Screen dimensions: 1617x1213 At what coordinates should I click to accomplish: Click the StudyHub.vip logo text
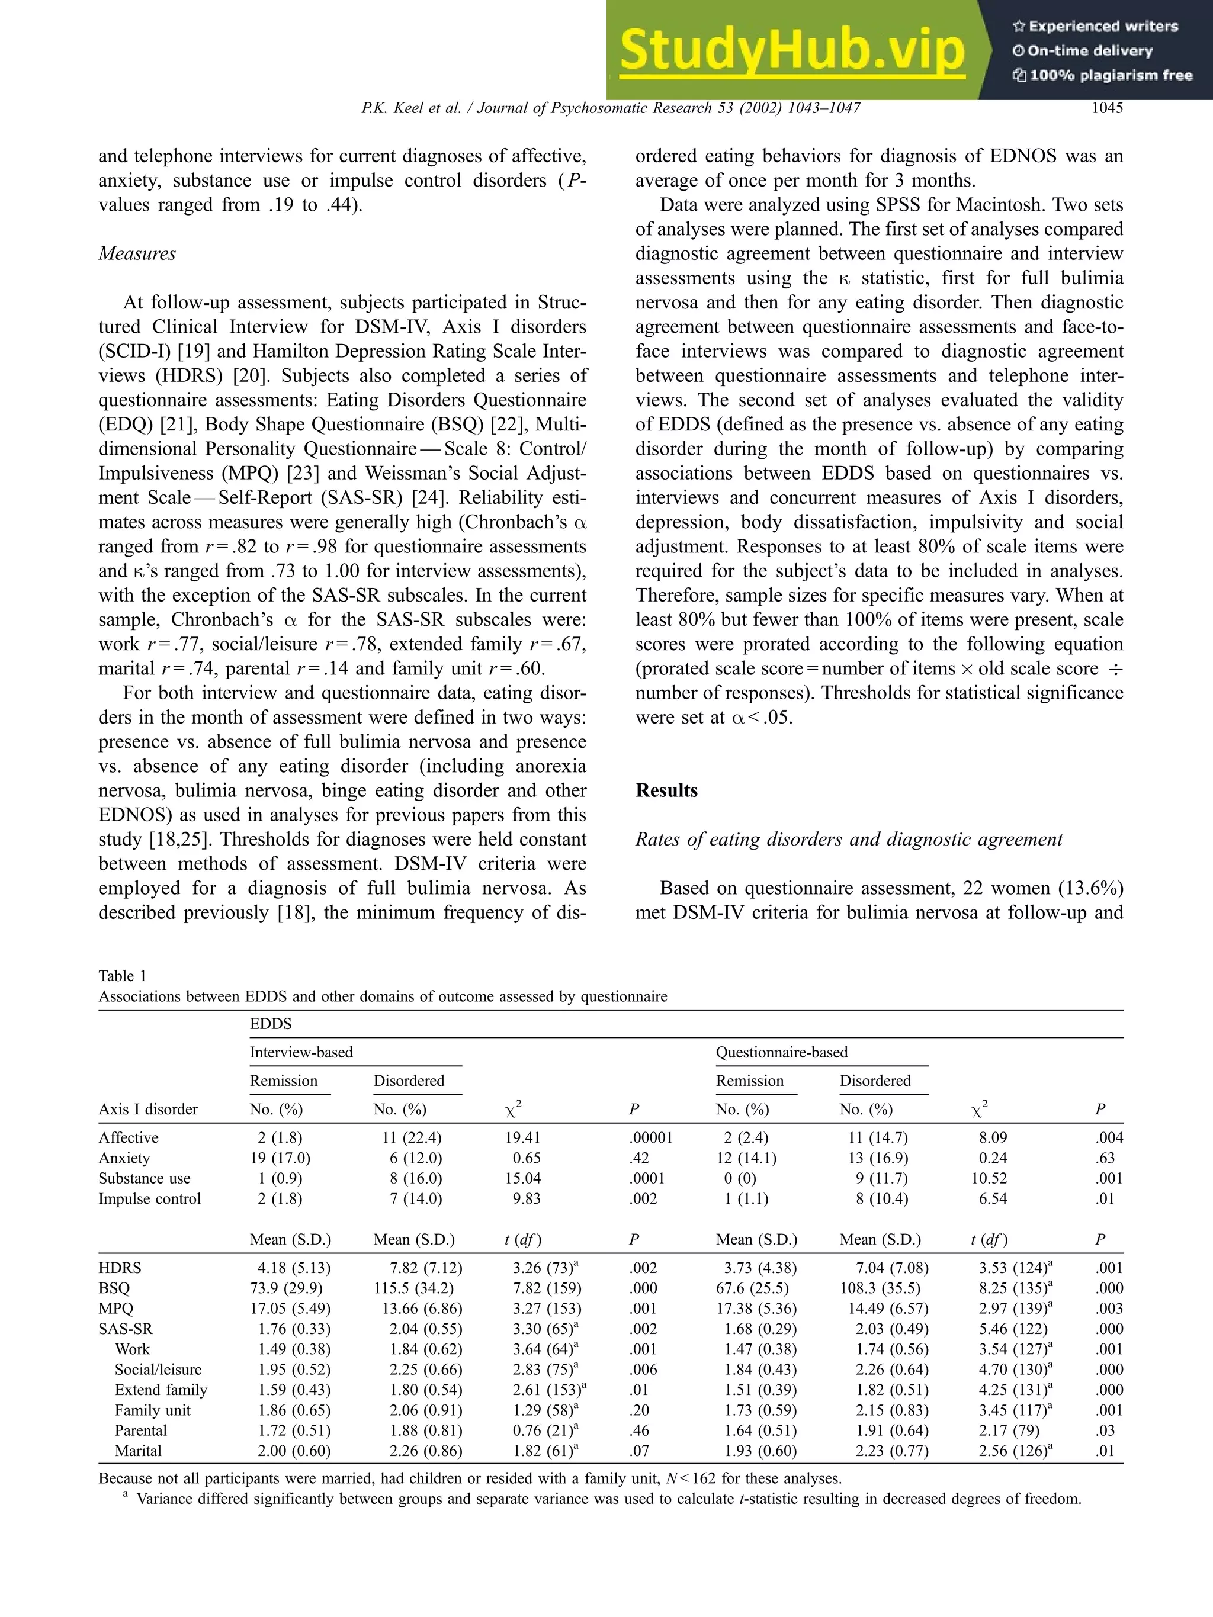792,51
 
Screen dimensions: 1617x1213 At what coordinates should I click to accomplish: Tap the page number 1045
1106,108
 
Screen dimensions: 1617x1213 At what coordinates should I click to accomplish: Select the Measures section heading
137,253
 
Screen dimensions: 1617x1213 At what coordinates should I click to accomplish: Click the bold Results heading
666,790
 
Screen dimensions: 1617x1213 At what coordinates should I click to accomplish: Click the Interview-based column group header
301,1052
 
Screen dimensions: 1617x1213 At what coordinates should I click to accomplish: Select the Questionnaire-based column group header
782,1052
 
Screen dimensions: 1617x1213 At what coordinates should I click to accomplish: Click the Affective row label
129,1137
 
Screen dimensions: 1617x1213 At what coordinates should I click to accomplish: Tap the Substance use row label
144,1178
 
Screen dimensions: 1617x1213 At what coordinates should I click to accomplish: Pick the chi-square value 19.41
518,1137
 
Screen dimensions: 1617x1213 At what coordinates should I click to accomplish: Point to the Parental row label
140,1430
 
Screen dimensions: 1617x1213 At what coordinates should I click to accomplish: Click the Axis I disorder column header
147,1109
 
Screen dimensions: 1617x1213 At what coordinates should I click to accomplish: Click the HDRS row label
120,1268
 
